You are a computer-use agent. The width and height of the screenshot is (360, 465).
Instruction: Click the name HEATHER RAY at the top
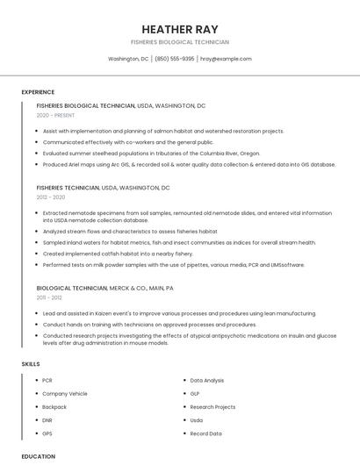[x=180, y=29]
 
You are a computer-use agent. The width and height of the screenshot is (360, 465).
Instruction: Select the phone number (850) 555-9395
[x=175, y=59]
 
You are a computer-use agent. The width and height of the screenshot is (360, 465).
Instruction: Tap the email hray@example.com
[x=226, y=59]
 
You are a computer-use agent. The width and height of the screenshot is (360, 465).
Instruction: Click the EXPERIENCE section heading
[x=38, y=92]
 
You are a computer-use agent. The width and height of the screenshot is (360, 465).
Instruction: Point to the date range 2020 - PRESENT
[x=54, y=115]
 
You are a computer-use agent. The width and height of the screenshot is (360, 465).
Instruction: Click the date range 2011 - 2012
[x=49, y=298]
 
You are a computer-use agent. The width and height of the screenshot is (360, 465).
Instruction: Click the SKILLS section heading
[x=31, y=363]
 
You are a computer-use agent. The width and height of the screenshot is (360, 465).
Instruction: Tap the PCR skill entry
[x=47, y=380]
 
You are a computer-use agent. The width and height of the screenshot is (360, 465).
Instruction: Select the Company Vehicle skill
[x=65, y=394]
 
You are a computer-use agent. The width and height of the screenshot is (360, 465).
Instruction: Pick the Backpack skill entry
[x=54, y=407]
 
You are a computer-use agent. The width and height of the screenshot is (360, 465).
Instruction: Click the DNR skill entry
[x=47, y=420]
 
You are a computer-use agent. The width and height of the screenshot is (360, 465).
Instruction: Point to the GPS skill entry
[x=47, y=433]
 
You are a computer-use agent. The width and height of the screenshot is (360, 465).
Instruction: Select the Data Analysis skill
[x=207, y=380]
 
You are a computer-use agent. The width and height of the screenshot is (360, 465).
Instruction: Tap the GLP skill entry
[x=196, y=394]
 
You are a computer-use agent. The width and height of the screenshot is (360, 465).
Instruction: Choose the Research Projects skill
[x=212, y=407]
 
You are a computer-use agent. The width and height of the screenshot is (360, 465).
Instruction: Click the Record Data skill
[x=205, y=433]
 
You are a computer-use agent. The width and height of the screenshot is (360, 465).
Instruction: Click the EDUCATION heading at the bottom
[x=39, y=456]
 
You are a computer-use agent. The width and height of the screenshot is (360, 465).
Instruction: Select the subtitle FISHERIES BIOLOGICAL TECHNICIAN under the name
[x=180, y=42]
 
